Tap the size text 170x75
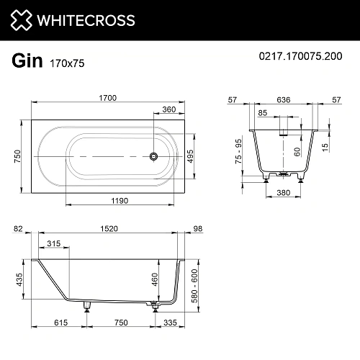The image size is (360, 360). pyautogui.click(x=67, y=63)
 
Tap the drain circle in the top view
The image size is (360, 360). pyautogui.click(x=153, y=156)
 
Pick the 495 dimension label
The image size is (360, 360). pyautogui.click(x=191, y=156)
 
